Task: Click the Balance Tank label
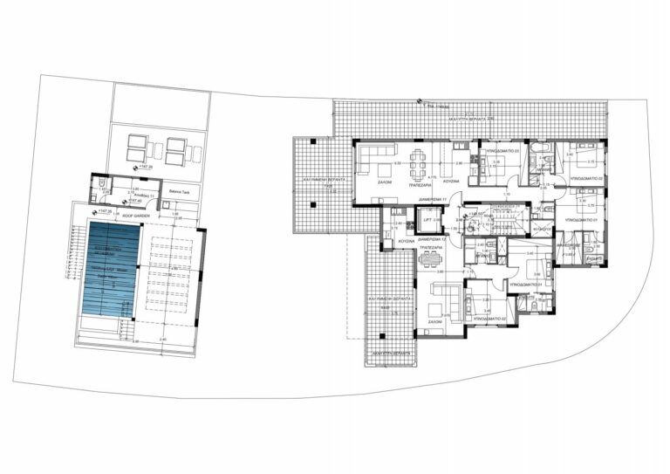point(179,186)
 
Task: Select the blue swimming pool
point(111,271)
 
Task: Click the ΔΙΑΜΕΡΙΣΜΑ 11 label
point(432,198)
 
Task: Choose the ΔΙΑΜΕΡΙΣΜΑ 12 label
point(433,238)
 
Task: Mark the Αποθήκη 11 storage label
point(145,196)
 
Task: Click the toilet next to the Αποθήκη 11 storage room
point(103,186)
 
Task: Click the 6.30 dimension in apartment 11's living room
point(397,163)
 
